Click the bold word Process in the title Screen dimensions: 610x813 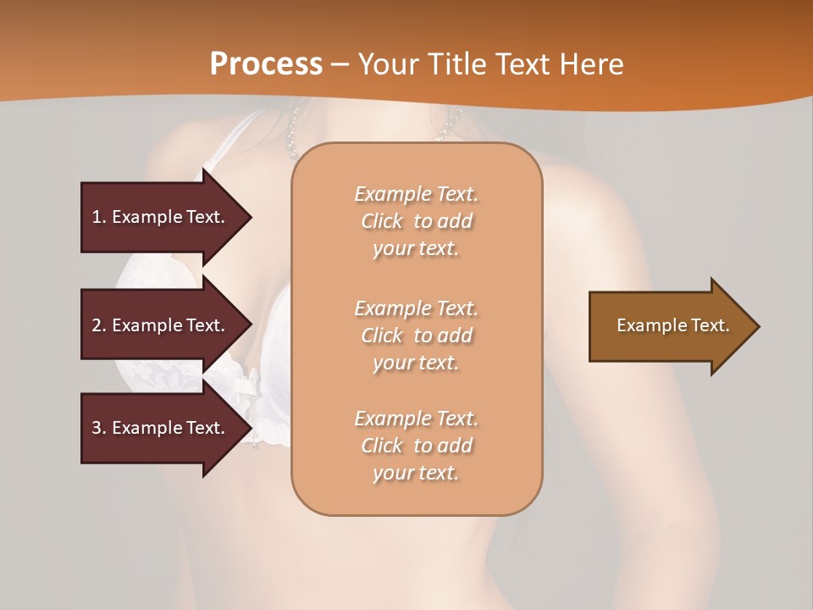266,64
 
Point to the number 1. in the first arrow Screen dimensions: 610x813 99,217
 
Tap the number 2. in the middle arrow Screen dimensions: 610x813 99,325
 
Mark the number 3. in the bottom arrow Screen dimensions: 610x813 99,428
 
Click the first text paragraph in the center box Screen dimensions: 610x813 416,221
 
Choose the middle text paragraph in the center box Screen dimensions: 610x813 416,335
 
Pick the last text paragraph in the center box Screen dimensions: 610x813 416,446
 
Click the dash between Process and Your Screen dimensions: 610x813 340,64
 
